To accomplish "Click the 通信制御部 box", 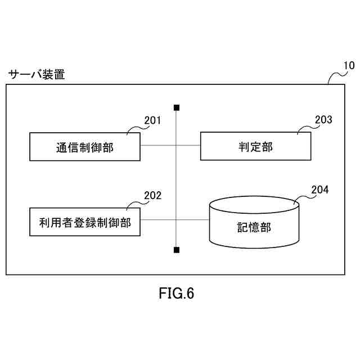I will pos(84,147).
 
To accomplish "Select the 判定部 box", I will pos(255,147).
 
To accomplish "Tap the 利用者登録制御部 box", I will pos(84,222).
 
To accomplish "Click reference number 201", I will pos(152,120).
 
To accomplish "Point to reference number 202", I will pos(152,196).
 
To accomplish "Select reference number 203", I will pos(323,120).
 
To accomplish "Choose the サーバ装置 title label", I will pos(36,74).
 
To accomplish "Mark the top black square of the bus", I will pos(177,107).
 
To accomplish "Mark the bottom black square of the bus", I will pos(177,249).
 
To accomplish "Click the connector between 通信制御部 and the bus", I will pos(159,146).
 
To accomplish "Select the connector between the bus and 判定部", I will pos(188,146).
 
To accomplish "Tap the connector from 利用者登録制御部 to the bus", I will pos(159,220).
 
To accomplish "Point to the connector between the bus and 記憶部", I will pos(192,220).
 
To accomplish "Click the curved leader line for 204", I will pos(304,196).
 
